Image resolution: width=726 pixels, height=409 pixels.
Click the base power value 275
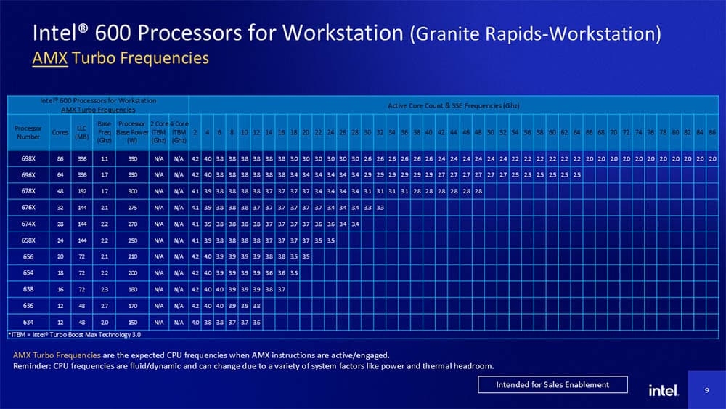click(x=131, y=207)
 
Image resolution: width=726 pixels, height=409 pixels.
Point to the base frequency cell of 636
click(x=104, y=306)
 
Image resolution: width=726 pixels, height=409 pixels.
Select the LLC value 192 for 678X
click(x=82, y=191)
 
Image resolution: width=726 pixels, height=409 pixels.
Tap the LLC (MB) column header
click(x=82, y=132)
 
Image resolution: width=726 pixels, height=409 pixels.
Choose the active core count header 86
click(x=712, y=132)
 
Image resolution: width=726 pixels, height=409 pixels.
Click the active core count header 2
click(x=195, y=132)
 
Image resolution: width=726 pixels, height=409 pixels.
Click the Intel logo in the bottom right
click(x=663, y=391)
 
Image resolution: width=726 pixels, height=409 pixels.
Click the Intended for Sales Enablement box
click(x=552, y=384)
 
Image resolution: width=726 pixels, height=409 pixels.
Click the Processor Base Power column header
click(x=131, y=132)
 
